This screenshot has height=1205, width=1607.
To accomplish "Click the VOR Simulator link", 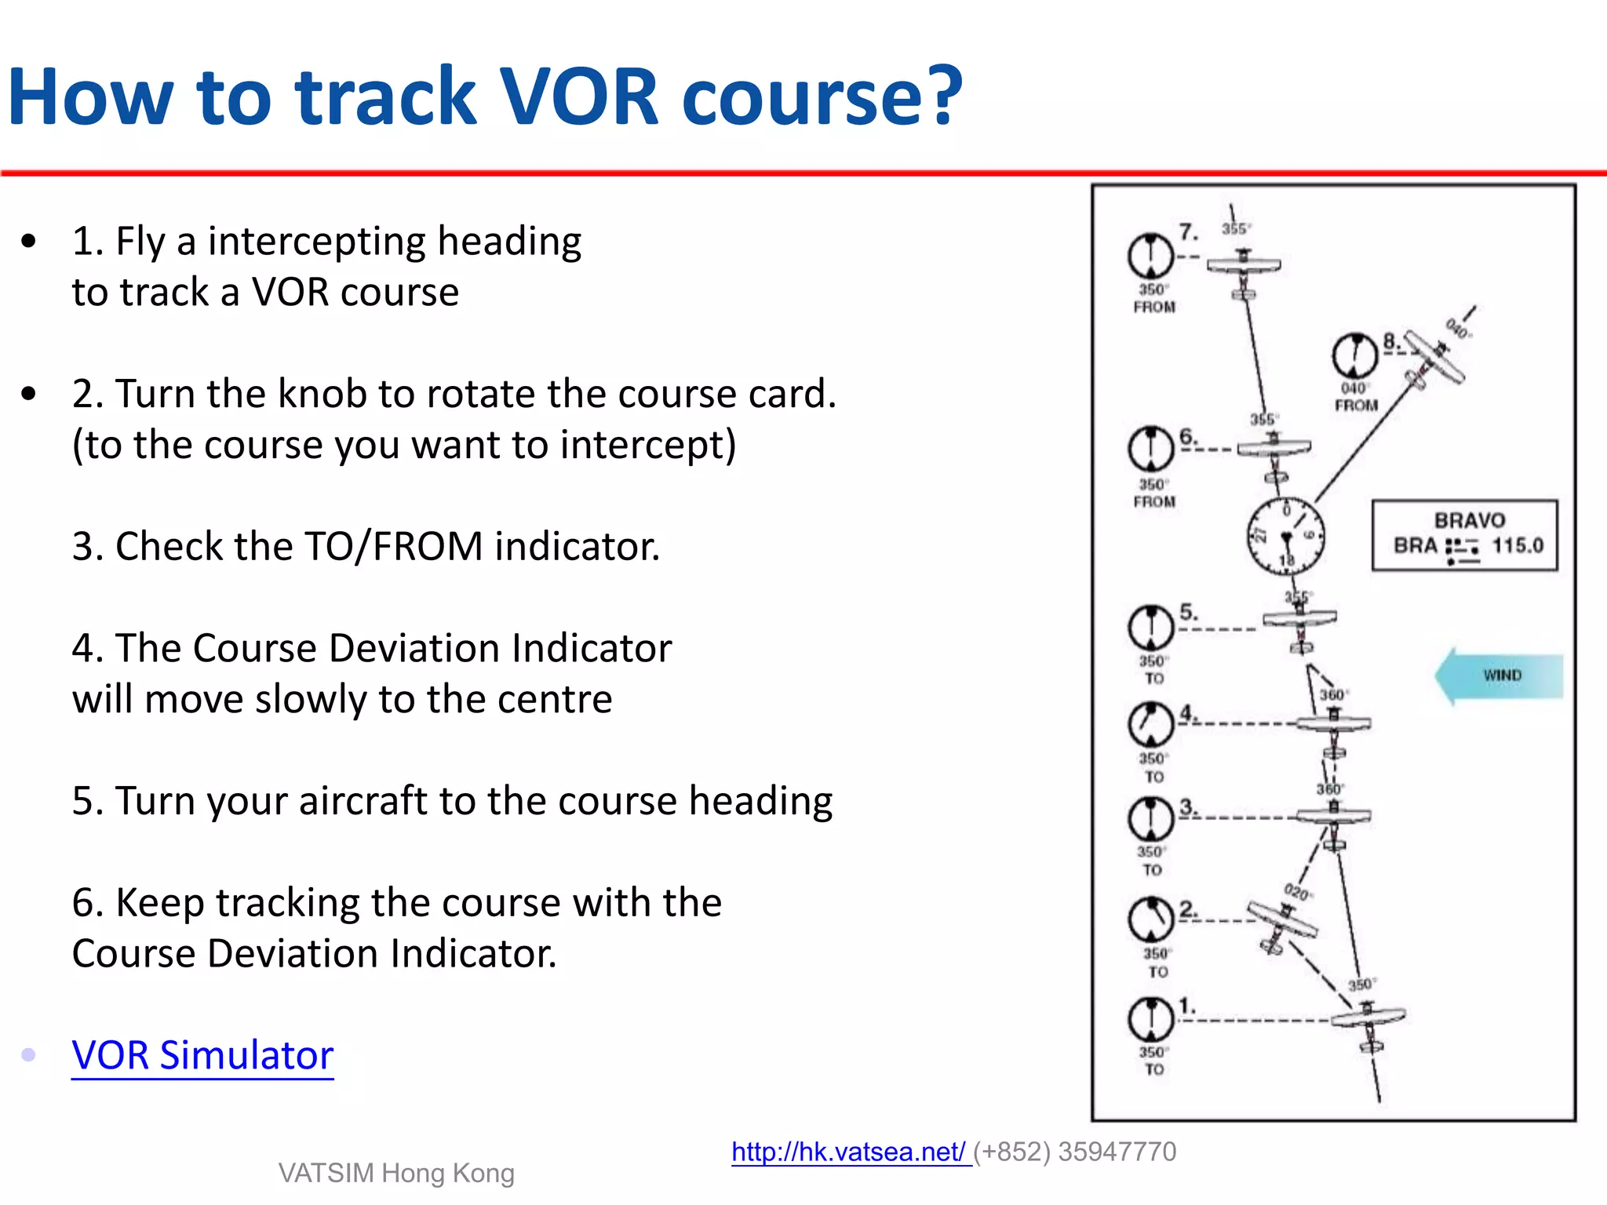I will tap(202, 1055).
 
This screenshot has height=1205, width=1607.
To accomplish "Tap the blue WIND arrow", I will tap(1498, 675).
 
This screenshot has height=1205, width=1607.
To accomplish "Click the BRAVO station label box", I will tap(1464, 534).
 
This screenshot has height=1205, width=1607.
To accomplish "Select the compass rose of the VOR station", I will tap(1286, 537).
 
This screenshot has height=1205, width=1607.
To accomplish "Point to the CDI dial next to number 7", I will tap(1150, 256).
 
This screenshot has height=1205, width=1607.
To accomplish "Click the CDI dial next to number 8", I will tap(1354, 355).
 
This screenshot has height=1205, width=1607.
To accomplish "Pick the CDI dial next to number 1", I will tap(1150, 1019).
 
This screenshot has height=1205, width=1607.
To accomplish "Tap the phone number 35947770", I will tap(1117, 1152).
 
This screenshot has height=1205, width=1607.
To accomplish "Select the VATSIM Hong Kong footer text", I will tap(396, 1173).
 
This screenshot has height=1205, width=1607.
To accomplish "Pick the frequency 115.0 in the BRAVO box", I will tap(1517, 545).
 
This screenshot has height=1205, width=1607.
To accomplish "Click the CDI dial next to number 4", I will tap(1150, 723).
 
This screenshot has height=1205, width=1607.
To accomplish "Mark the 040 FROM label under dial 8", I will tap(1356, 397).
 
